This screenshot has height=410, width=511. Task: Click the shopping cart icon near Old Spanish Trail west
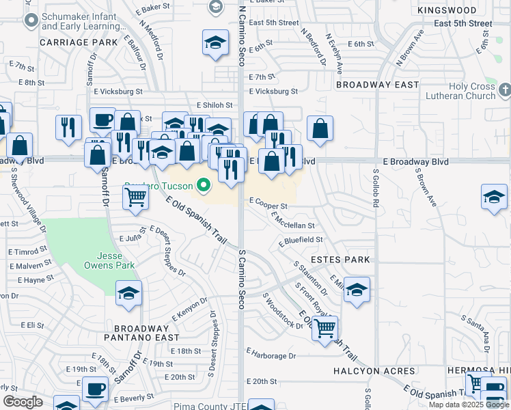tap(136, 197)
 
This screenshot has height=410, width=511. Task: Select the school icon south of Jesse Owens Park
tap(128, 292)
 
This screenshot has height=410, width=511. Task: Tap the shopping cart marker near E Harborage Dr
tap(324, 327)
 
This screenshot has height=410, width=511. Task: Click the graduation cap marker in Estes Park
tap(357, 290)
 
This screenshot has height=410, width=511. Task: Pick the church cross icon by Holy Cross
tap(504, 89)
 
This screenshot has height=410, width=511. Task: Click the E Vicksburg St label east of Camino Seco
tap(273, 91)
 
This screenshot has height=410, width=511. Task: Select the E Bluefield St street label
tap(301, 241)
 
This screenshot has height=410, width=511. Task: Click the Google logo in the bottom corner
tap(23, 402)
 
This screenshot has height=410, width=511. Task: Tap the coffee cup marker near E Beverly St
tap(95, 389)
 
